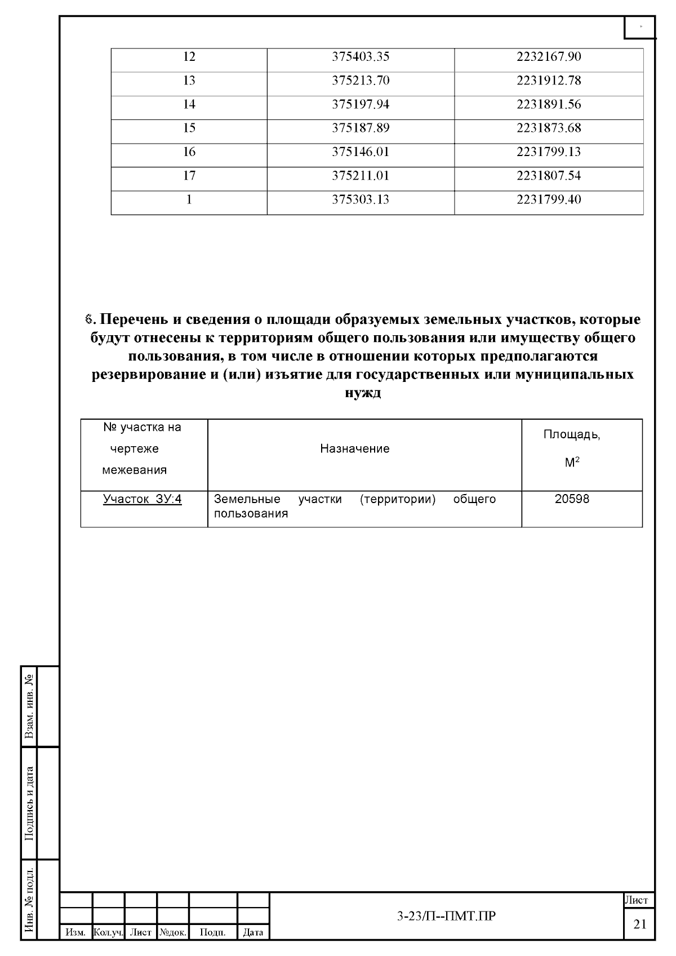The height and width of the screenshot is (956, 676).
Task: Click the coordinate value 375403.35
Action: (x=361, y=57)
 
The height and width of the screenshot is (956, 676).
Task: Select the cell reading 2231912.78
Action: (x=549, y=81)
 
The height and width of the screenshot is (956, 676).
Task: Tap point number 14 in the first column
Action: (x=189, y=104)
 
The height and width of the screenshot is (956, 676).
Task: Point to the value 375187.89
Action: (x=361, y=128)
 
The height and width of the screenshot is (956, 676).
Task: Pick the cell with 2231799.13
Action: (x=549, y=152)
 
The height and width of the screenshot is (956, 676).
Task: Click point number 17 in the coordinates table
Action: (x=189, y=176)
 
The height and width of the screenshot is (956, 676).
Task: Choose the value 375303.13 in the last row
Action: (x=361, y=200)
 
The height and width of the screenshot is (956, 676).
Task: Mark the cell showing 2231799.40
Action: (x=549, y=200)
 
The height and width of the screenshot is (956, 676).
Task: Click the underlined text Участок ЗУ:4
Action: (x=143, y=499)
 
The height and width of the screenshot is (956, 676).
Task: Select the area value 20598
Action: (x=572, y=499)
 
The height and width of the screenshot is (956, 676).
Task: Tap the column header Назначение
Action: (x=355, y=449)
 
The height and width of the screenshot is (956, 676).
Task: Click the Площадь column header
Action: (x=572, y=435)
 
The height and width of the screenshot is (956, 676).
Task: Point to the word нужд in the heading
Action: (x=362, y=393)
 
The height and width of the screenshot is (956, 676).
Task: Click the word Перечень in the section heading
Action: (x=134, y=320)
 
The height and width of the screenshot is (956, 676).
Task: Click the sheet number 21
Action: (x=640, y=924)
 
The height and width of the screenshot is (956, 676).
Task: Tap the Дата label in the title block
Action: (x=253, y=933)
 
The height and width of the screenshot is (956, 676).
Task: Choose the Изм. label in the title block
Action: (x=75, y=933)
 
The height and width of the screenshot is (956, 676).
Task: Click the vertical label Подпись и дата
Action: (x=30, y=803)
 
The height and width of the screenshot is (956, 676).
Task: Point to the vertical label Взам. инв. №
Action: (x=30, y=706)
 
